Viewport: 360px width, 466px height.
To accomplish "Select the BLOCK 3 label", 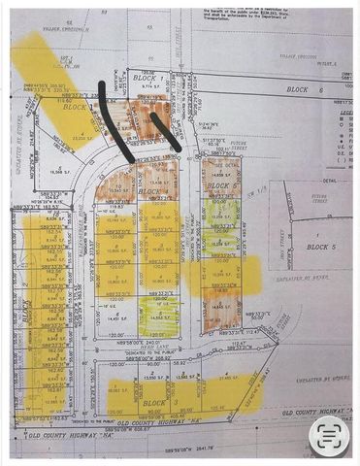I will click(x=155, y=402).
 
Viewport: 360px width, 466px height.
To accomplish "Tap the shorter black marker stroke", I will click(x=164, y=130).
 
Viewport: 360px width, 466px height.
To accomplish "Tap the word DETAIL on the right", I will click(x=332, y=180).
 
